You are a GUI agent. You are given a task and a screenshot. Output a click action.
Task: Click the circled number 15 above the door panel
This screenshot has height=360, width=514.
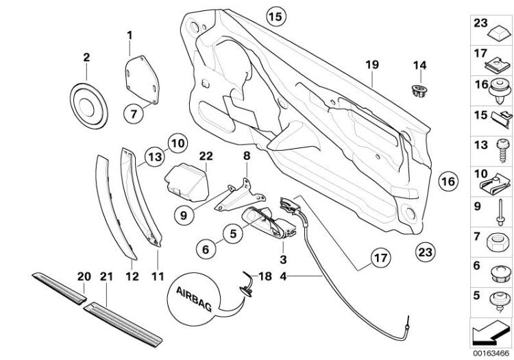point(274,15)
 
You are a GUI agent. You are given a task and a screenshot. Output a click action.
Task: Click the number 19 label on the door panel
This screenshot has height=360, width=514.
point(371,64)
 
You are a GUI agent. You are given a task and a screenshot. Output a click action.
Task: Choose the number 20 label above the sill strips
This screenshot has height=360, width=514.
point(84,276)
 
